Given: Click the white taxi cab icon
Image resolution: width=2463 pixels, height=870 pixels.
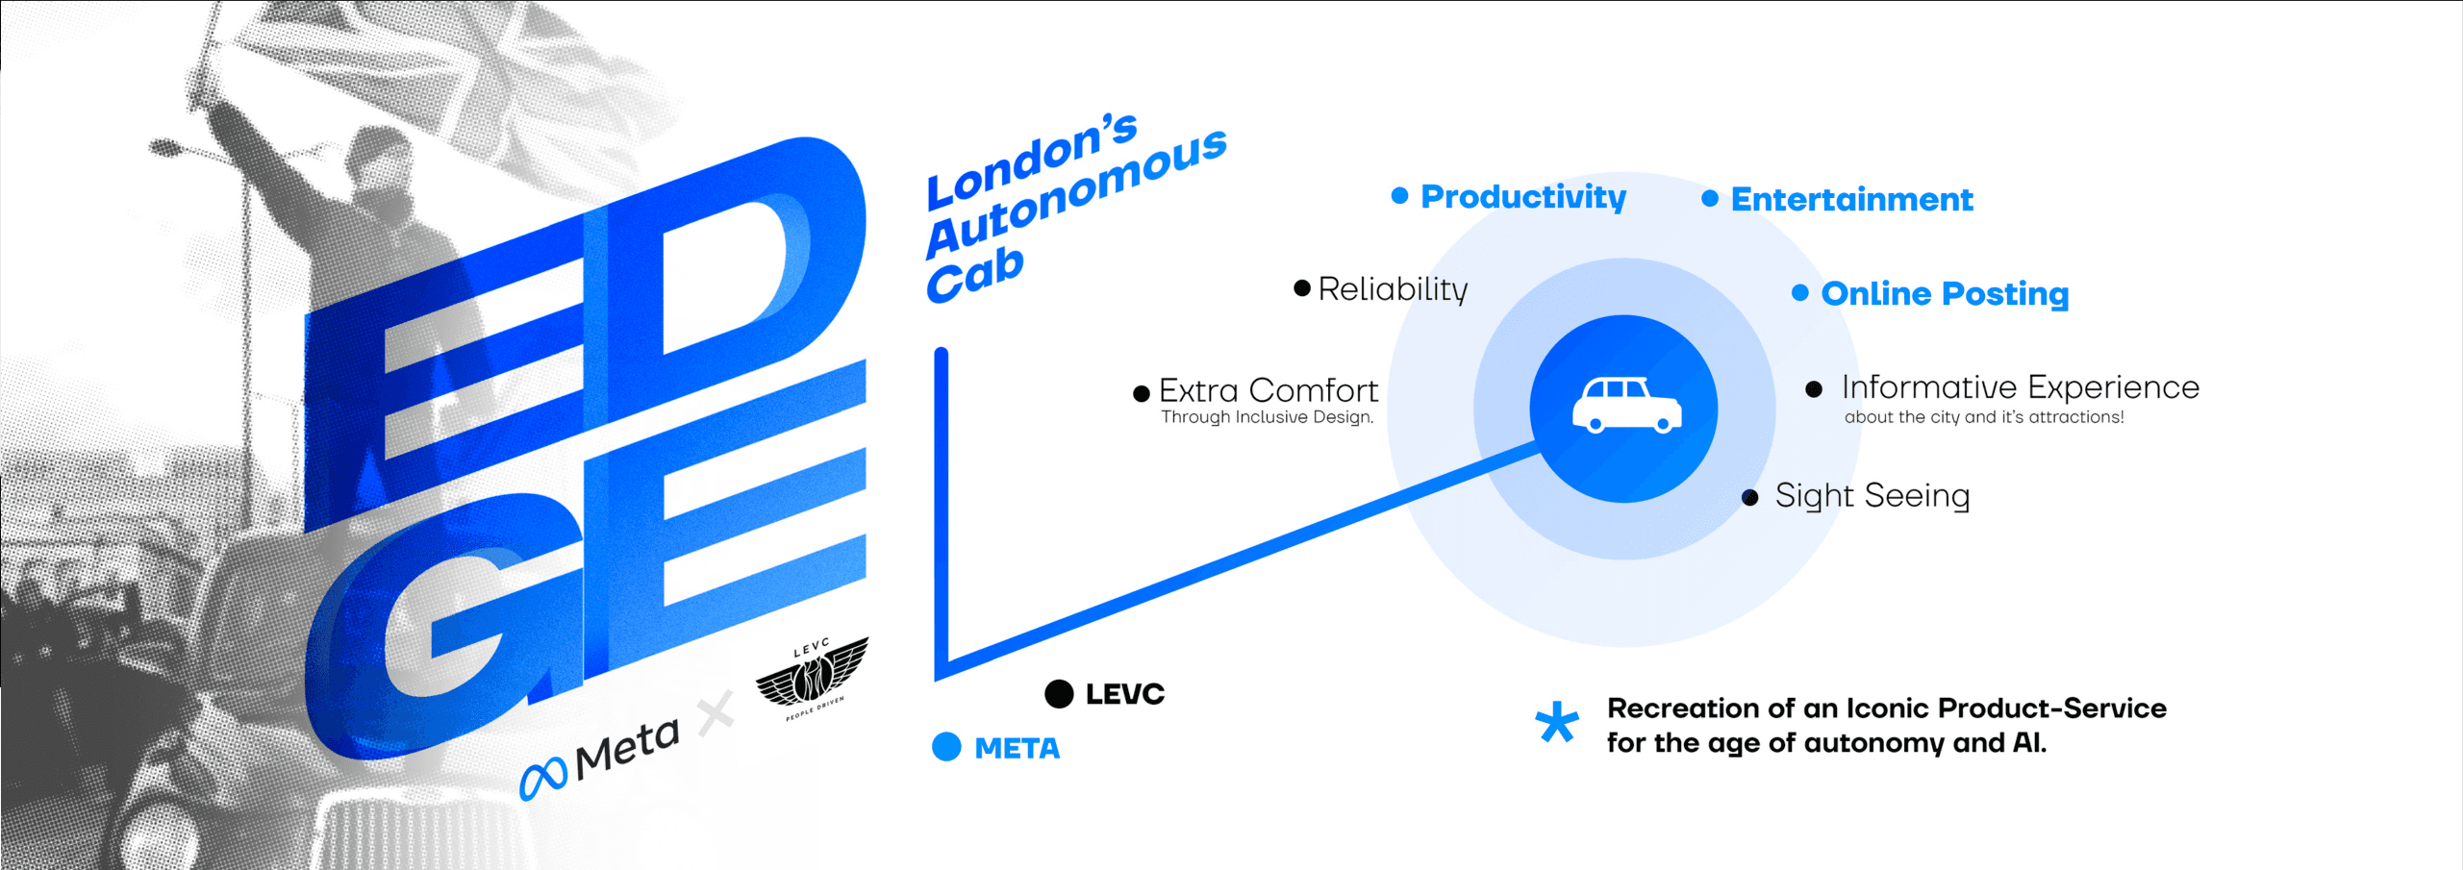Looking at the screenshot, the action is pos(1626,406).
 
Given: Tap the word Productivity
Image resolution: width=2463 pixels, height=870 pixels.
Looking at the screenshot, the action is pos(1523,197).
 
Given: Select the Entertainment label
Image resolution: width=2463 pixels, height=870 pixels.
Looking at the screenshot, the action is pos(1851,200).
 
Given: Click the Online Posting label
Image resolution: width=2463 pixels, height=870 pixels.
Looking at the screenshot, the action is pos(1944,294).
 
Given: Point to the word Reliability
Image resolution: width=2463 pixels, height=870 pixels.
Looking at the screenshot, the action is pos(1393,289).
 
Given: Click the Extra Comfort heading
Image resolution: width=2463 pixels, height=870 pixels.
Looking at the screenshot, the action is pos(1268,390).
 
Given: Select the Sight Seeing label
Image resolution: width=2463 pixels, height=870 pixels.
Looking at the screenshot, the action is pos(1872,496).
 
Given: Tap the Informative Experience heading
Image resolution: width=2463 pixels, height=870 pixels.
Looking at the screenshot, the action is pos(2020,387).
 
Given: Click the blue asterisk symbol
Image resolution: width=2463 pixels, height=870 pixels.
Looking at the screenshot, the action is pos(1556,723).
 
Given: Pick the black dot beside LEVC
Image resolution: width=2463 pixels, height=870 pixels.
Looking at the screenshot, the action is pos(1059,694).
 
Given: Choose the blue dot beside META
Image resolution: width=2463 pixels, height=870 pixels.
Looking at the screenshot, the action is pos(946,747).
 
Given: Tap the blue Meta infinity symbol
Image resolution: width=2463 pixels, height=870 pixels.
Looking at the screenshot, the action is pos(543,778).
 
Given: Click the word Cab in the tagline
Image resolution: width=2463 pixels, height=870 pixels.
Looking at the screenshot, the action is pos(973,274).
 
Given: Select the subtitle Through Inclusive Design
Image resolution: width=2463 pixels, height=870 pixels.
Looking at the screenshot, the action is pos(1267,417).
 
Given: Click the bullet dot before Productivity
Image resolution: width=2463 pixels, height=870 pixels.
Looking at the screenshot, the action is pos(1399,196).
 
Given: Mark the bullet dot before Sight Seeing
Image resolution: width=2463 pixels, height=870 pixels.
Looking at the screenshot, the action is pos(1750,497).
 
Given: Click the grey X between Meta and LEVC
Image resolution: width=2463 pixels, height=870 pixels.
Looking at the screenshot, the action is pos(716,713).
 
